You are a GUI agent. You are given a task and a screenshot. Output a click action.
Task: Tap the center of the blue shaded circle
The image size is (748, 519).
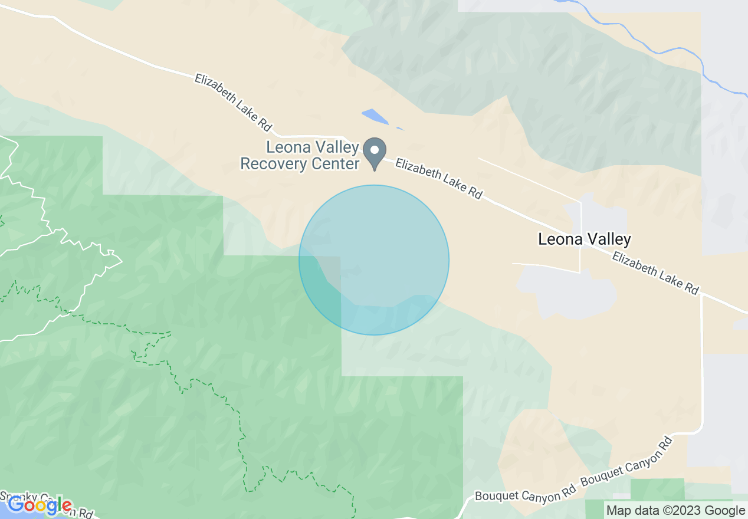click(374, 260)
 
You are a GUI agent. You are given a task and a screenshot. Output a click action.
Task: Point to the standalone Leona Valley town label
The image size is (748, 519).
click(585, 239)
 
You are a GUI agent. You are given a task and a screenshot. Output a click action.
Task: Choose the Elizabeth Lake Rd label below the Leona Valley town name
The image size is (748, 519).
click(655, 273)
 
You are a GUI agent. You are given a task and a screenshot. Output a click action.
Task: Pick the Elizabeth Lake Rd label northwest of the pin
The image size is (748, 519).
click(233, 101)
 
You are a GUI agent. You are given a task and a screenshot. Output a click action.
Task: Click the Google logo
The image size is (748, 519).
click(40, 505)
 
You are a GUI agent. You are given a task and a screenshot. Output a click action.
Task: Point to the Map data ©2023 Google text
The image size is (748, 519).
click(675, 511)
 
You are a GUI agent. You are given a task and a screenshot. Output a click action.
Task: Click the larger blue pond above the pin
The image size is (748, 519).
click(375, 116)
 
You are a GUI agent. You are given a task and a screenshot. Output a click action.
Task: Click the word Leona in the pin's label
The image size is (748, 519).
click(287, 147)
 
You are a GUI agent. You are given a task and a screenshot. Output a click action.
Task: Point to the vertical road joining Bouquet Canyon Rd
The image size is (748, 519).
click(702, 366)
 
